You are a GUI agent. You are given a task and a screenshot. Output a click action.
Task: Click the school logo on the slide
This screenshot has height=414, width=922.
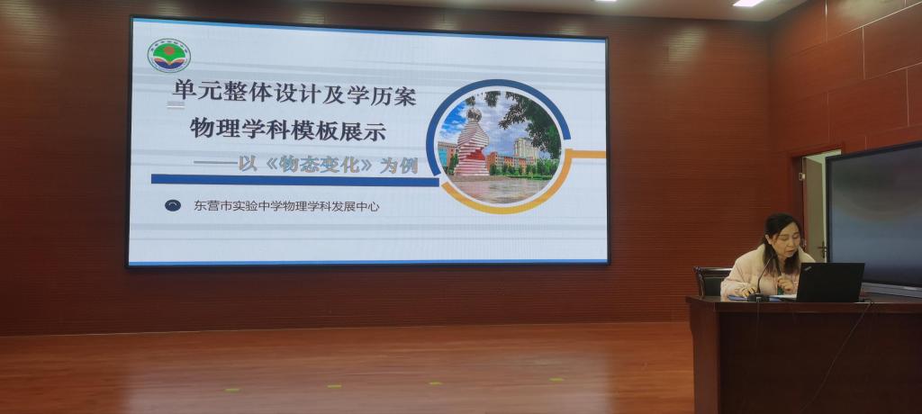(x=168, y=55)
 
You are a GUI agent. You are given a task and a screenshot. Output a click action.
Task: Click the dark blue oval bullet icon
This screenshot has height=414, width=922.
(x=173, y=206)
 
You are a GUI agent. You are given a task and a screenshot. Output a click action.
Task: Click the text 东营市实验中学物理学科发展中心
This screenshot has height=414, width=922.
(x=287, y=206)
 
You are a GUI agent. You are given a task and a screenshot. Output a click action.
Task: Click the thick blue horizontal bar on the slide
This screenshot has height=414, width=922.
(x=294, y=179)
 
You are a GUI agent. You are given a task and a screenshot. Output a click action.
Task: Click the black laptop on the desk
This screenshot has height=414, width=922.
(x=828, y=283)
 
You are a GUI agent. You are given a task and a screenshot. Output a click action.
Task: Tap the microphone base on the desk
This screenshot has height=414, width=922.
(x=758, y=298)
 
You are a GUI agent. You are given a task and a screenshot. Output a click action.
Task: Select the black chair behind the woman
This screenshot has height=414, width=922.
(x=711, y=281)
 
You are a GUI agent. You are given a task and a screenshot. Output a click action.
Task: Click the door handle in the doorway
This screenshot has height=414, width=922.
(x=822, y=250)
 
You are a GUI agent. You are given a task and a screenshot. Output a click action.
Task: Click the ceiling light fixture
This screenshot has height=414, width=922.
(x=748, y=3)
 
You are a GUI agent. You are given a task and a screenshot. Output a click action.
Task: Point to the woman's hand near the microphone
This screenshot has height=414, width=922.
(x=745, y=291)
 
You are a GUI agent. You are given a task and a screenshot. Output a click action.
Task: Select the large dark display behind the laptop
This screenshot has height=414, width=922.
(x=874, y=217)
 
